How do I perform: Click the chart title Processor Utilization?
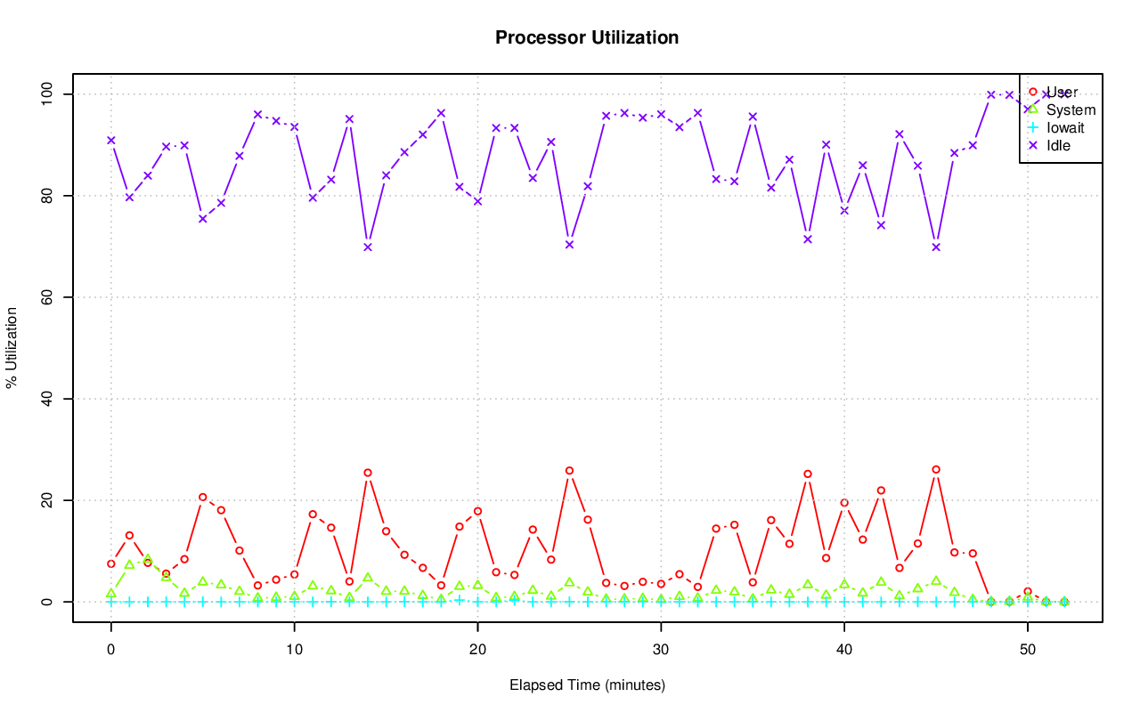pyautogui.click(x=587, y=37)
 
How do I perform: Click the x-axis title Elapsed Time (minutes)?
pyautogui.click(x=587, y=685)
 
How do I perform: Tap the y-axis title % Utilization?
pyautogui.click(x=12, y=348)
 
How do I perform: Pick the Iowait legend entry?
pyautogui.click(x=1065, y=127)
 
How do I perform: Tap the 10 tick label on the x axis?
pyautogui.click(x=294, y=650)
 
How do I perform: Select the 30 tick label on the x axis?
pyautogui.click(x=661, y=650)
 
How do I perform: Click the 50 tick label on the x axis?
pyautogui.click(x=1028, y=650)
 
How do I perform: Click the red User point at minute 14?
pyautogui.click(x=368, y=473)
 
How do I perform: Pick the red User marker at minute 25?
pyautogui.click(x=569, y=471)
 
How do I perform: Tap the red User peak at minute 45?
pyautogui.click(x=936, y=469)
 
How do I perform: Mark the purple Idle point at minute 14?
pyautogui.click(x=368, y=247)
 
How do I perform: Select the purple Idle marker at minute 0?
pyautogui.click(x=110, y=140)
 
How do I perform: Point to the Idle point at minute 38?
pyautogui.click(x=808, y=239)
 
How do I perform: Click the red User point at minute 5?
pyautogui.click(x=202, y=497)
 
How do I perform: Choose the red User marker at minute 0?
pyautogui.click(x=110, y=563)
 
